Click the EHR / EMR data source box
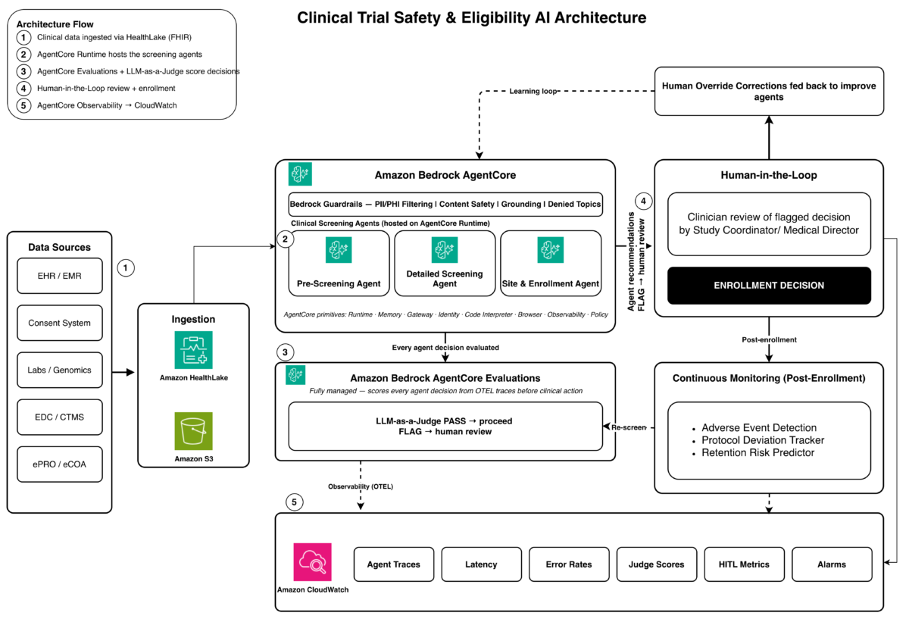coord(60,276)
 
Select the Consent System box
coord(60,323)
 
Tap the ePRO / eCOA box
coord(60,464)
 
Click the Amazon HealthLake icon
coord(194,350)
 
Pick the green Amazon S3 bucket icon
coord(194,431)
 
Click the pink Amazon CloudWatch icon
coord(312,562)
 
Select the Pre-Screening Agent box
coord(339,264)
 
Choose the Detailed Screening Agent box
coord(445,264)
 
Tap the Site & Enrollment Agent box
coord(551,264)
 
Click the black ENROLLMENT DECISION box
coord(769,286)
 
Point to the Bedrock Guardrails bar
coord(445,204)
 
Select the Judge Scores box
coord(657,564)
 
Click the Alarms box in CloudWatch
coord(832,564)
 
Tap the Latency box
coord(481,564)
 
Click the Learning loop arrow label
coord(533,92)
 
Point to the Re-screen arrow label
coord(629,427)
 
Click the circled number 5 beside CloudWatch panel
coord(294,502)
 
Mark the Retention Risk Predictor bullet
coord(757,452)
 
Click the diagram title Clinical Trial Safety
coord(471,18)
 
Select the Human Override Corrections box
coord(769,92)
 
